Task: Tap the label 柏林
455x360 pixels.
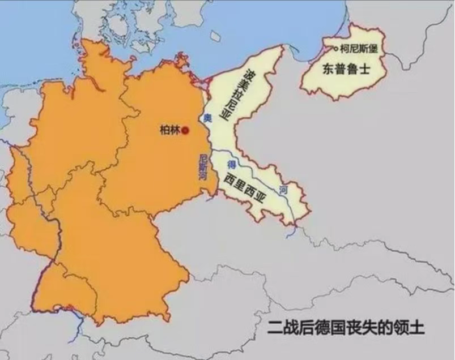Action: click(x=169, y=130)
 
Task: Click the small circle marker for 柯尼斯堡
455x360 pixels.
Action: click(x=336, y=49)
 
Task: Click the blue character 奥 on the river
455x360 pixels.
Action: click(x=207, y=118)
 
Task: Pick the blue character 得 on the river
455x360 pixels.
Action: click(x=231, y=164)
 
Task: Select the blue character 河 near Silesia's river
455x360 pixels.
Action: click(x=283, y=191)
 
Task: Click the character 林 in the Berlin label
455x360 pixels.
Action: click(x=175, y=130)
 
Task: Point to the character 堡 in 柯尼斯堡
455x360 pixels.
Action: click(x=373, y=49)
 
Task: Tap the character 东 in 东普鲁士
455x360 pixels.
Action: click(x=328, y=70)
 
